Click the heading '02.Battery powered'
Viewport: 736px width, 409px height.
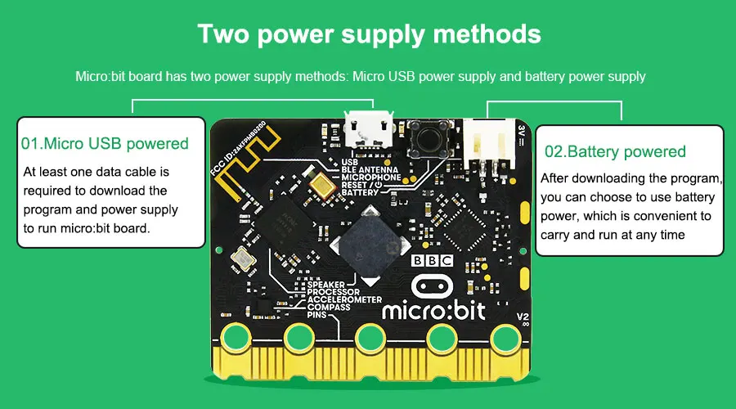coord(615,151)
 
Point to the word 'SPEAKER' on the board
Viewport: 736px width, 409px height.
coord(325,284)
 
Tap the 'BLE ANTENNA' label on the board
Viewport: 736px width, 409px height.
coord(371,169)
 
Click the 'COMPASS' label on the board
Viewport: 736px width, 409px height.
coord(329,307)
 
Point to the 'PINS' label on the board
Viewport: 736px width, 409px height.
coord(317,315)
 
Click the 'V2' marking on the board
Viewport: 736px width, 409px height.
coord(523,317)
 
